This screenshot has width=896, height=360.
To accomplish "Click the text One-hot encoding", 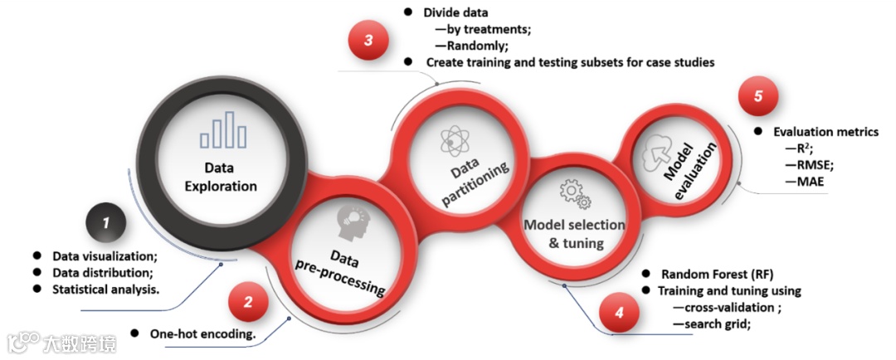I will (202, 334).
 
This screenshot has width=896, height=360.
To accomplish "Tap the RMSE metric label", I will (813, 164).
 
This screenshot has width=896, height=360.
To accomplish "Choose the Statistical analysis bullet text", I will (105, 289).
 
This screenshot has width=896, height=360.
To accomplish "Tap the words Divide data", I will (455, 13).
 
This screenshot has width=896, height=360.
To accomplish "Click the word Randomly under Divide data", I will (485, 46).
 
